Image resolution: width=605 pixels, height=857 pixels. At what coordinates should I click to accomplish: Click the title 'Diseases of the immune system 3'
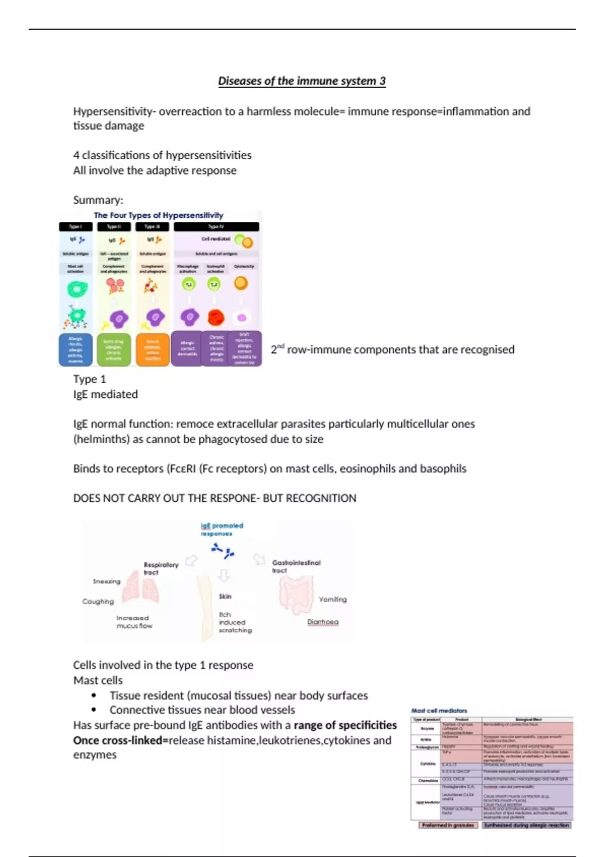pos(301,81)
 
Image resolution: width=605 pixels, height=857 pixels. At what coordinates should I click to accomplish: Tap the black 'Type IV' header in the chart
pos(216,227)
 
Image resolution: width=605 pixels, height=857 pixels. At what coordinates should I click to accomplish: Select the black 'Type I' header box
pos(76,227)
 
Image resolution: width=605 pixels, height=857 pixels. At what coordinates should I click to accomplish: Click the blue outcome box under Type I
pos(76,349)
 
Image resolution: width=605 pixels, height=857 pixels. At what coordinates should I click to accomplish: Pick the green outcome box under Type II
pos(113,349)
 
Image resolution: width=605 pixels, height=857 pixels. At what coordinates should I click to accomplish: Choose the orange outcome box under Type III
pos(153,349)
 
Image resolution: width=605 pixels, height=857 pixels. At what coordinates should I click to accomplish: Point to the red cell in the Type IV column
pos(216,318)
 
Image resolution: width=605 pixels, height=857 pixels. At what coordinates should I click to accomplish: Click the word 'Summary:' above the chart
pos(98,200)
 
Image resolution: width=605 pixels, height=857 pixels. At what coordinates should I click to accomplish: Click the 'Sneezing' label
pos(106,581)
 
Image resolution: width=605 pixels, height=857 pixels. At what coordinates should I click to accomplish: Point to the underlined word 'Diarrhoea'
pos(323,622)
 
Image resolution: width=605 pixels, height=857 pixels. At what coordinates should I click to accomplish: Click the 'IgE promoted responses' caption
pos(221,529)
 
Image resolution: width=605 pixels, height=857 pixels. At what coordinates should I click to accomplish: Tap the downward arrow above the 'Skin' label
pos(224,576)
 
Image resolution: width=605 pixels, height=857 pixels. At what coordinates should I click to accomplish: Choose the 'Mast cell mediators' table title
pos(439,711)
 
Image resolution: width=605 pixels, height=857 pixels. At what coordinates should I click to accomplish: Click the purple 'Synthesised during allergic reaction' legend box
pos(526,825)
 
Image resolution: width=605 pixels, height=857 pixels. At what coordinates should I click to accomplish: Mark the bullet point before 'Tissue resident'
pos(94,696)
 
